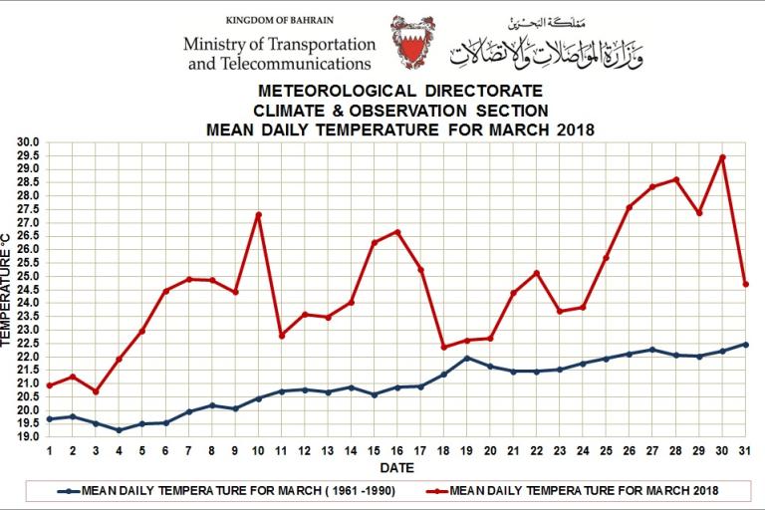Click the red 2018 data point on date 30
click(x=722, y=157)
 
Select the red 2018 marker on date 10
click(x=259, y=215)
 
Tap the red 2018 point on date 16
click(x=397, y=232)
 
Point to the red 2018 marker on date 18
click(x=444, y=347)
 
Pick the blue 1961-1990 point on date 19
click(x=467, y=358)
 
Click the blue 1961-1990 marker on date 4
click(x=120, y=430)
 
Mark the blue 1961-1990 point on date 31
click(x=745, y=345)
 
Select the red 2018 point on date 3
click(x=96, y=391)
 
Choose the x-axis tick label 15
click(x=375, y=450)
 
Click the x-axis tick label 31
click(x=745, y=450)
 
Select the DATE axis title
click(x=396, y=467)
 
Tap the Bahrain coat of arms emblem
click(x=411, y=41)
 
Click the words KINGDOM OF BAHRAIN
click(x=280, y=21)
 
